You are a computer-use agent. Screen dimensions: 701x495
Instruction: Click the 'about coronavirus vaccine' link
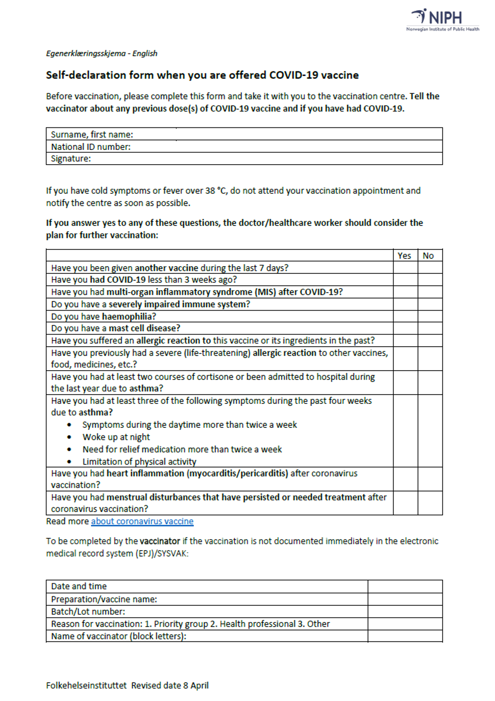(x=142, y=521)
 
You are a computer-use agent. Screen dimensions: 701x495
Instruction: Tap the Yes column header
(x=404, y=255)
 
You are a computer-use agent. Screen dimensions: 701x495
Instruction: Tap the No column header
(x=428, y=255)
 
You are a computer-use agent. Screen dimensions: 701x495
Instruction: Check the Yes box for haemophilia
(x=405, y=316)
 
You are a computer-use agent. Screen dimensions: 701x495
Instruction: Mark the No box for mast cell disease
(x=430, y=328)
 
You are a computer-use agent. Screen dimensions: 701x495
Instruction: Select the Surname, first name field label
(x=92, y=135)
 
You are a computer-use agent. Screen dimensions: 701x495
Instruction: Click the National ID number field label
(x=90, y=147)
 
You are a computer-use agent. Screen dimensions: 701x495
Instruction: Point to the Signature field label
(x=71, y=159)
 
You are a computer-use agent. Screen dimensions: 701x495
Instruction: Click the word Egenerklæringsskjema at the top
(x=86, y=54)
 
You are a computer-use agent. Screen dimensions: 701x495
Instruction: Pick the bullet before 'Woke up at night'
(x=69, y=437)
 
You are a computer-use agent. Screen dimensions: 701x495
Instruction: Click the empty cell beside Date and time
(x=405, y=586)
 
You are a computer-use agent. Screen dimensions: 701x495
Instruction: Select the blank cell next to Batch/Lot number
(x=405, y=611)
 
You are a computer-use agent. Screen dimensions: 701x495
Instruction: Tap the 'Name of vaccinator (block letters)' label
(x=118, y=636)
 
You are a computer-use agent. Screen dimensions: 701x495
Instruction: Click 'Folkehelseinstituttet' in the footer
(x=86, y=685)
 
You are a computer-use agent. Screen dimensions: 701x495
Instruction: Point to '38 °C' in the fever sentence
(x=215, y=191)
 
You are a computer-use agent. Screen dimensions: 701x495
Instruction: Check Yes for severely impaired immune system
(x=405, y=304)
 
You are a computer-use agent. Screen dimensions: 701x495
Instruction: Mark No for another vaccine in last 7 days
(x=430, y=268)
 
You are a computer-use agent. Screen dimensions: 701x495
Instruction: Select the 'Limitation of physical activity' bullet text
(x=139, y=461)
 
